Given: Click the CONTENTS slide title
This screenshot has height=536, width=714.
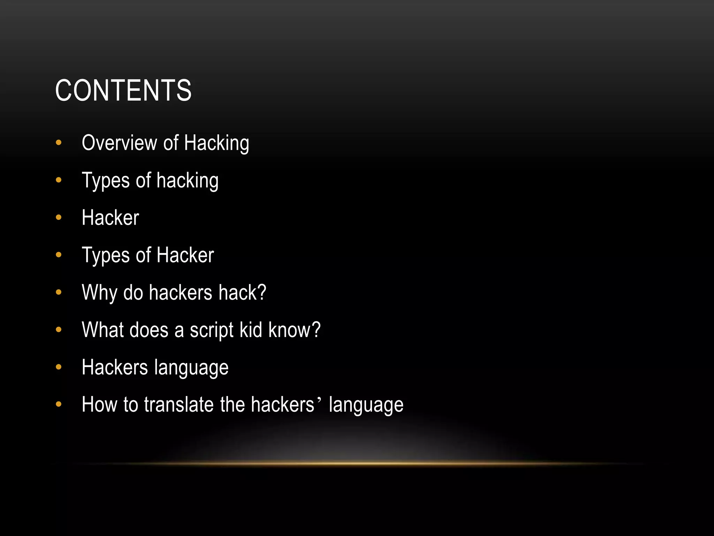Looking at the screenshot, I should coord(123,90).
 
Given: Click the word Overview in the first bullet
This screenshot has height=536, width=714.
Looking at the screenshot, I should coord(119,143).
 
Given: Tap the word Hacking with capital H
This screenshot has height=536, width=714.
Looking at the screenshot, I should coord(217,143).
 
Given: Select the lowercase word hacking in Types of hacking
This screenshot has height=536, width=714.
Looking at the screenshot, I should coord(188,181).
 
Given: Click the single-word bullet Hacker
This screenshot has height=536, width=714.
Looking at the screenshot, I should coord(110,218).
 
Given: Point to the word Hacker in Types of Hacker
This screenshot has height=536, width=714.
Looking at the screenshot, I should coord(185,255).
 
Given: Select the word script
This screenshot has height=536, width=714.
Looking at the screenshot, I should coord(211,330).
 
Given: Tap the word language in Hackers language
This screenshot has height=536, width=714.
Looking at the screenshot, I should coord(191,368).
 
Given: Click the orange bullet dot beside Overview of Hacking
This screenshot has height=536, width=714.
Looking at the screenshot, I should coord(59,142).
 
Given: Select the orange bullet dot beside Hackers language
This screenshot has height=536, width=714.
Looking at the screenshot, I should coord(59,367).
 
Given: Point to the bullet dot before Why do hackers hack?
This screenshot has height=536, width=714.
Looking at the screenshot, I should coord(59,292).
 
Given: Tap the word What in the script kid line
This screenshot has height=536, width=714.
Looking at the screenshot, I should coord(102,330).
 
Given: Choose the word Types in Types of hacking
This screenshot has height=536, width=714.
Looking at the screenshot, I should coord(106,181).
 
